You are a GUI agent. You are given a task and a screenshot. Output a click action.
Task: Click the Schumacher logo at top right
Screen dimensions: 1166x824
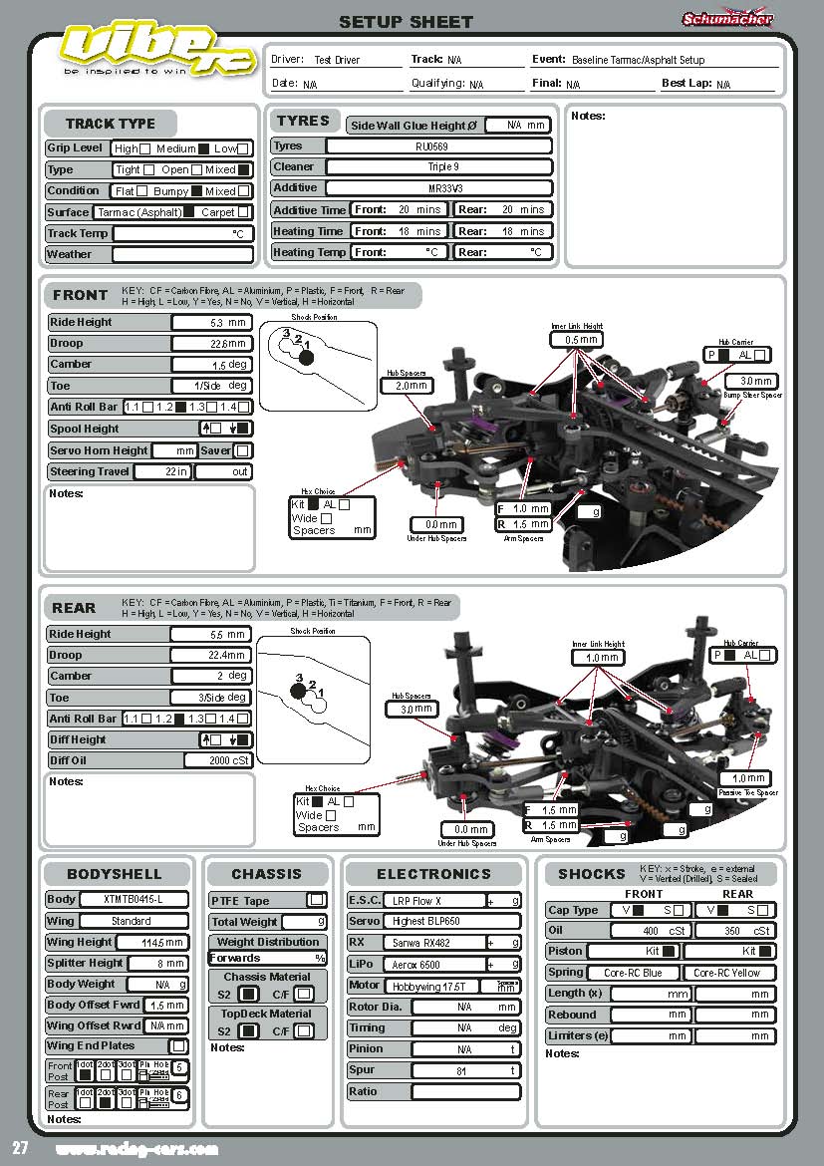click(x=727, y=18)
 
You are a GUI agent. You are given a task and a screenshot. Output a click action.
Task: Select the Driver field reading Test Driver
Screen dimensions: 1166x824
click(x=337, y=60)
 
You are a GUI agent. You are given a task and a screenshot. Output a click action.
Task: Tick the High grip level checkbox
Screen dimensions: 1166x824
click(x=145, y=148)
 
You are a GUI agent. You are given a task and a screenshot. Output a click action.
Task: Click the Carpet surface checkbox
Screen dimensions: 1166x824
click(x=243, y=212)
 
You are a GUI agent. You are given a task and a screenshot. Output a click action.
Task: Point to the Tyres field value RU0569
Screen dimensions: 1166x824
click(x=438, y=146)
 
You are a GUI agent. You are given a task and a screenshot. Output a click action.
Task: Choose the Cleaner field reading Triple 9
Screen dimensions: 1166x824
click(x=438, y=167)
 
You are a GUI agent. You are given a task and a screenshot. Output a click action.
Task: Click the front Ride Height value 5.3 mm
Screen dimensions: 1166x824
click(x=211, y=323)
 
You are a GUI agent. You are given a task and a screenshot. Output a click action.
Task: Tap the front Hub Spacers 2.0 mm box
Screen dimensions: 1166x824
click(x=411, y=386)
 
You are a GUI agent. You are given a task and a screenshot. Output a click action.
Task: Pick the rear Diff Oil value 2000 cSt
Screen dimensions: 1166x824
click(x=218, y=760)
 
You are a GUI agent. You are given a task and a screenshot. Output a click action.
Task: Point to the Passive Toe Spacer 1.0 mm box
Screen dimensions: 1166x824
click(x=747, y=779)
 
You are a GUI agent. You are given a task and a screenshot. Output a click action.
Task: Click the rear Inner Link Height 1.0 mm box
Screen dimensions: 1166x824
click(x=598, y=658)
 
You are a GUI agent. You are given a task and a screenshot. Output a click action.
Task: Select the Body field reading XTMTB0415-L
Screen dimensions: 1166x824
click(x=133, y=900)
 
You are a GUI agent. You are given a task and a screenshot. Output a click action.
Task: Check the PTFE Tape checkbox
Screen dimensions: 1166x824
click(x=316, y=901)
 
